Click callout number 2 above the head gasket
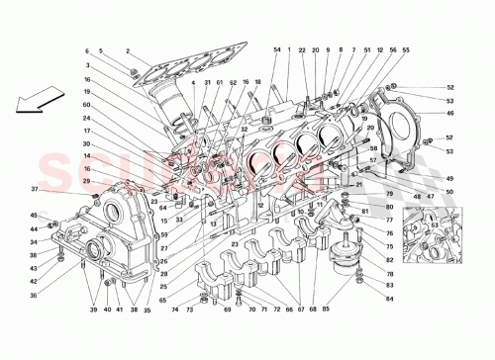pyautogui.click(x=128, y=50)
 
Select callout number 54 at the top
pyautogui.click(x=276, y=49)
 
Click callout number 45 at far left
pyautogui.click(x=33, y=216)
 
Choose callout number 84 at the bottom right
pyautogui.click(x=389, y=298)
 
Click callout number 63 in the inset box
pyautogui.click(x=433, y=225)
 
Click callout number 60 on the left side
pyautogui.click(x=87, y=105)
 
